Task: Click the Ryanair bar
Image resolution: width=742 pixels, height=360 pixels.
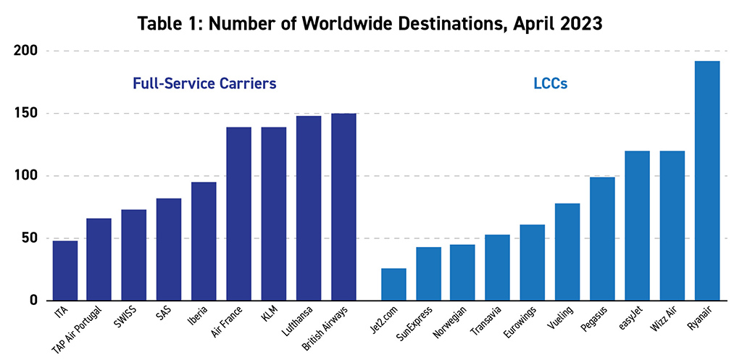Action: (707, 180)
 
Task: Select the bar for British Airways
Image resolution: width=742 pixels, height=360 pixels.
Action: (343, 206)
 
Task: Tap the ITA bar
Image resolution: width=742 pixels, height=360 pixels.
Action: (65, 270)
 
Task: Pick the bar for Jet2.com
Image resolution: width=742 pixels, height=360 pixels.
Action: (393, 284)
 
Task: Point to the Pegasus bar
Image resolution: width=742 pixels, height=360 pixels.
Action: (602, 238)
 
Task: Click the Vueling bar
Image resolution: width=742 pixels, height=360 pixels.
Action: (567, 251)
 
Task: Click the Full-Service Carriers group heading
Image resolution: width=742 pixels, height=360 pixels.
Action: (204, 83)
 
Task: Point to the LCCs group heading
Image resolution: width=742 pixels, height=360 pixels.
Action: (550, 83)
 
